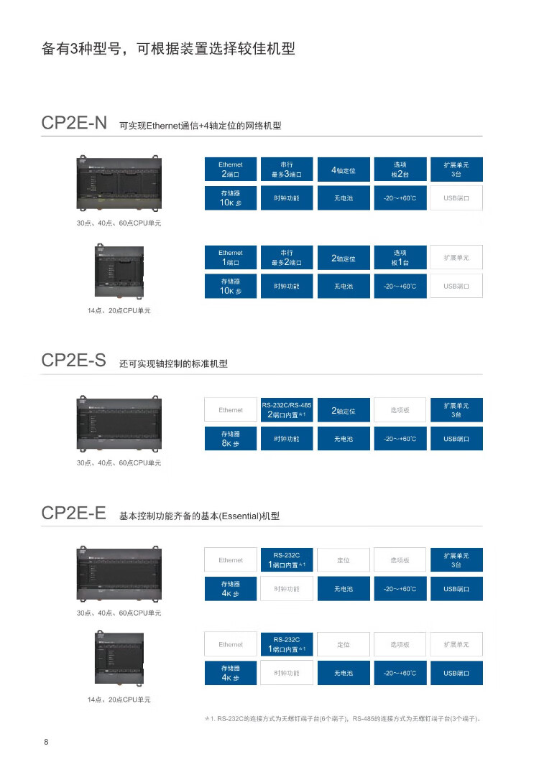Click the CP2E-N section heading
(x=74, y=123)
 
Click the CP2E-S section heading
(x=74, y=361)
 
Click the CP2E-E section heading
(x=74, y=513)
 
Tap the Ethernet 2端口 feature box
(x=231, y=169)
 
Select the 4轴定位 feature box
(x=344, y=169)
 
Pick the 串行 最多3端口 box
(x=287, y=169)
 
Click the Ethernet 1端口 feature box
(x=231, y=257)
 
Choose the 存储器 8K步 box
(x=231, y=438)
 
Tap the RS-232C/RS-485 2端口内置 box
(x=287, y=410)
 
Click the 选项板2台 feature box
(x=400, y=169)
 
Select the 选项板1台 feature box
(x=400, y=257)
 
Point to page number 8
(x=46, y=742)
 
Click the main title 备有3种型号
(x=168, y=50)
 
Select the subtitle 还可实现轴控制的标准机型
(x=173, y=364)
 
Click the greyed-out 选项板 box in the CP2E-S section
(x=400, y=410)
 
